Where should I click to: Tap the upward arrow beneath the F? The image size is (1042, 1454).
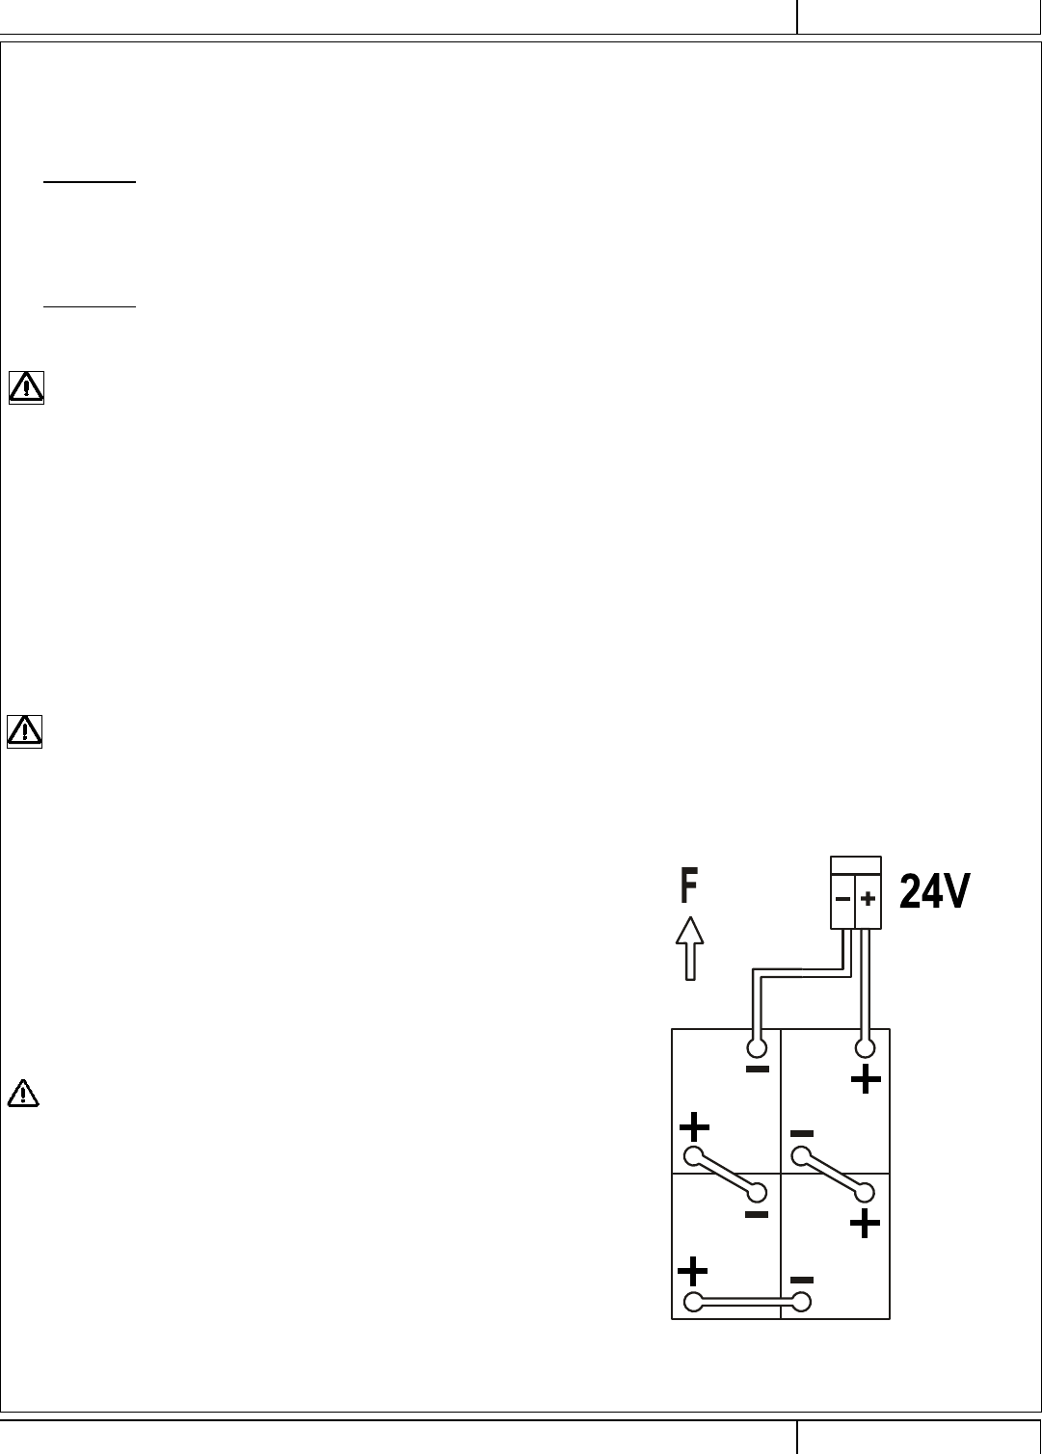coord(688,948)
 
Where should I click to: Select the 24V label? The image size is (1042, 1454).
coord(935,892)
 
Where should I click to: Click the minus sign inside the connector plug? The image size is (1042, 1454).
coord(842,900)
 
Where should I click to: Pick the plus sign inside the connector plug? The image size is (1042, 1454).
coord(868,900)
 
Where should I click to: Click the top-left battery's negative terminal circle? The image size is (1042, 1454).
coord(757,1046)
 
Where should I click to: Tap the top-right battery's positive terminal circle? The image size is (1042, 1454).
coord(866,1046)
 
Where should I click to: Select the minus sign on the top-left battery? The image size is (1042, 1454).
coord(758,1070)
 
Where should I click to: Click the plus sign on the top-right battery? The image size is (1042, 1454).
coord(866,1079)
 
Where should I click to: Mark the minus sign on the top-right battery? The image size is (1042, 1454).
coord(802,1133)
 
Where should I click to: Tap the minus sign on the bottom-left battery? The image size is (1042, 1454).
coord(757,1215)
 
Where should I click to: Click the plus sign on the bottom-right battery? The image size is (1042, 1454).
coord(865,1224)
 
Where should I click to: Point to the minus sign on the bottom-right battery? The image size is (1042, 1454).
coord(802,1280)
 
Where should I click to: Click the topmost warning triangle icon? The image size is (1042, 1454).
coord(26,388)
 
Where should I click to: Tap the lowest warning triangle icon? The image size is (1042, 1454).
coord(22,1094)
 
